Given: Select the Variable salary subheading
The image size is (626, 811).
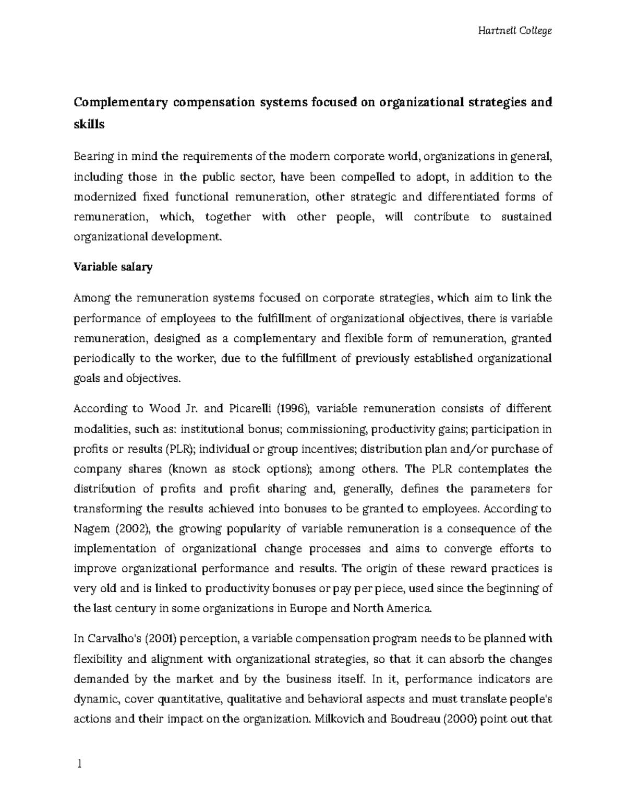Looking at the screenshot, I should point(113,267).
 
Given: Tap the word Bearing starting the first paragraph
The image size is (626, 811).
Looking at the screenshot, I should point(92,157).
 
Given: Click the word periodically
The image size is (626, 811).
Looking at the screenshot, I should point(104,358).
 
